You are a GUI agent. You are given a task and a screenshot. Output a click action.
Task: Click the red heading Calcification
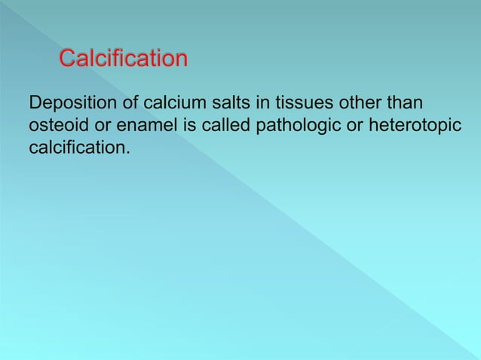pos(123,58)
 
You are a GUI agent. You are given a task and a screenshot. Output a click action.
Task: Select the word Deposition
pos(69,102)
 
